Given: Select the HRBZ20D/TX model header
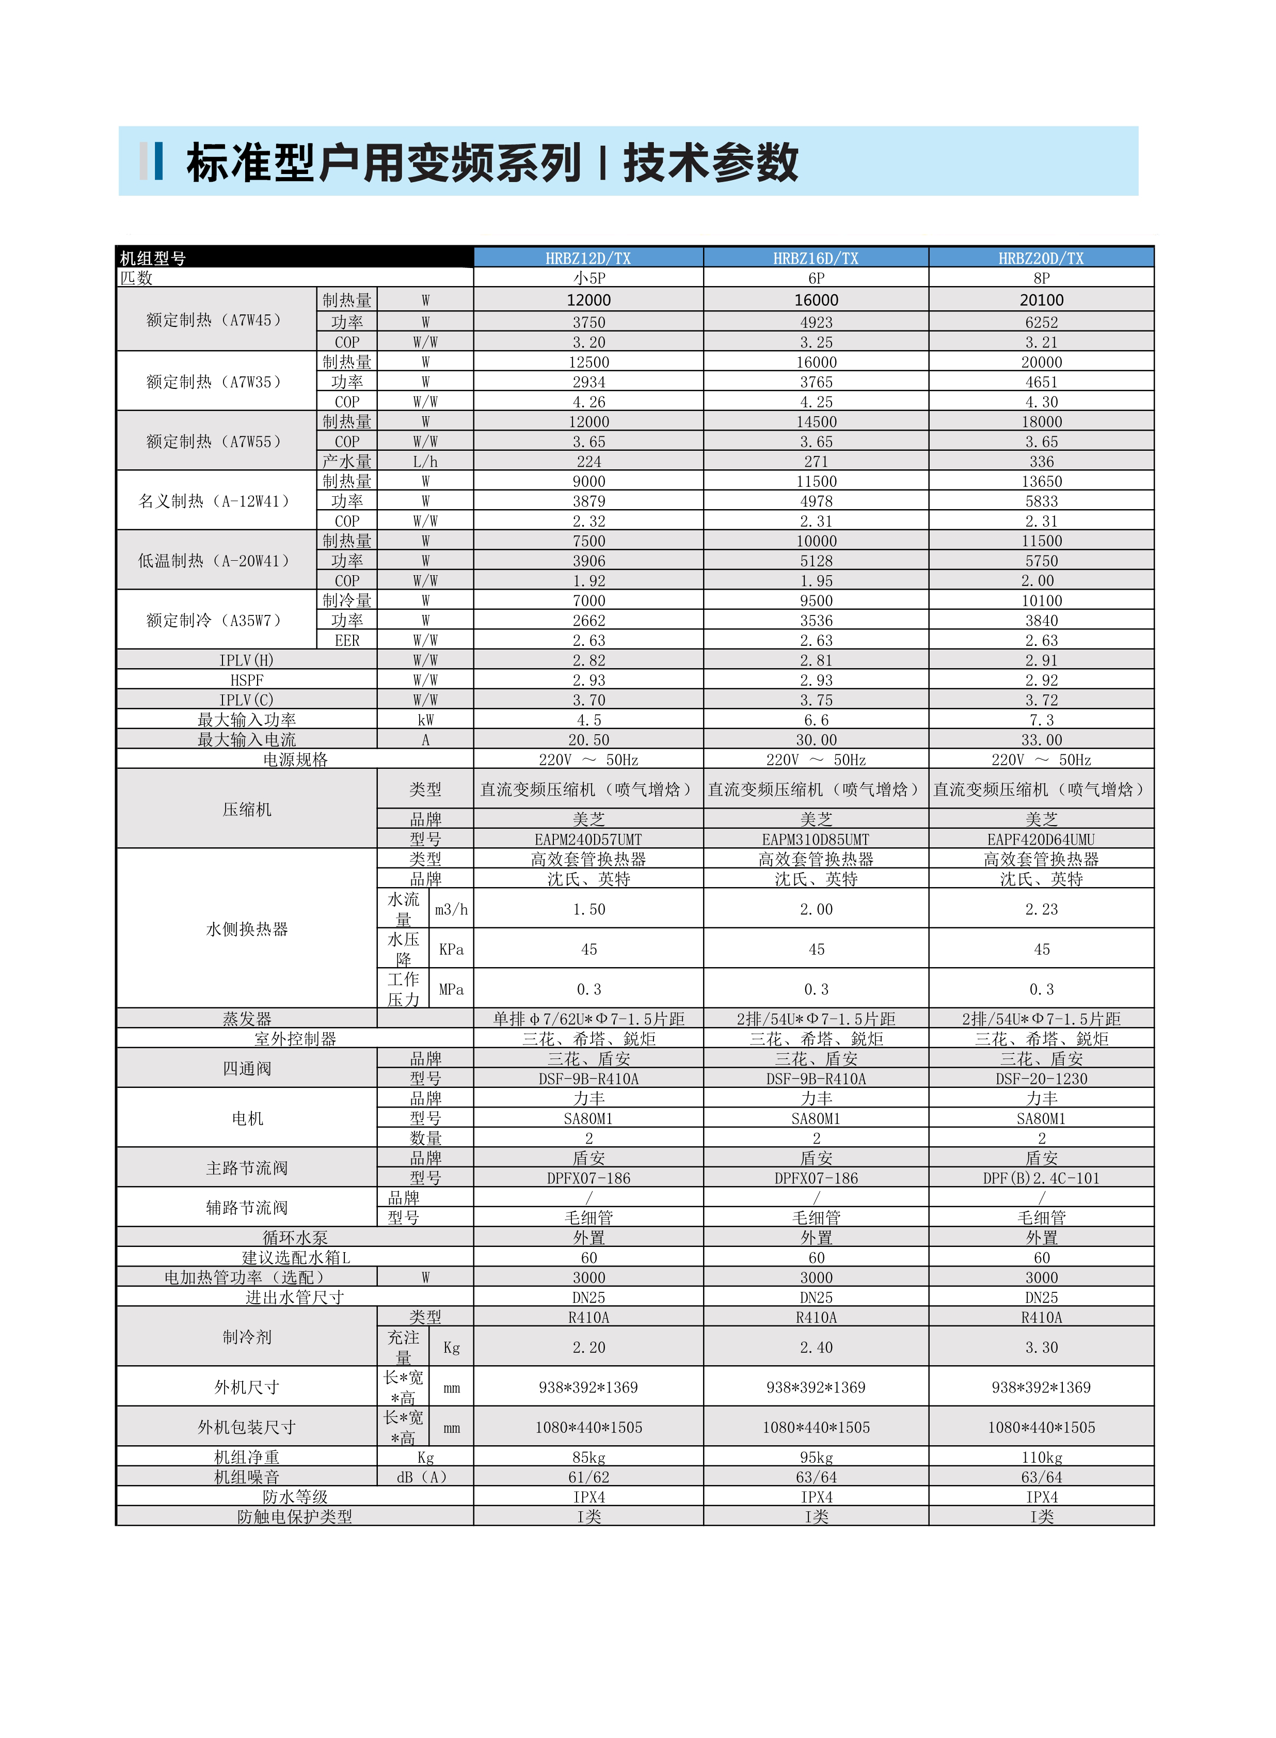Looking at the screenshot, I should [x=1041, y=258].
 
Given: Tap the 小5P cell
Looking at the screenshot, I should [x=588, y=278].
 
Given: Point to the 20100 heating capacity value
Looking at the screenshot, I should [x=1041, y=299].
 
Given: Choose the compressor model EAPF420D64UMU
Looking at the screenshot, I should [x=1041, y=839].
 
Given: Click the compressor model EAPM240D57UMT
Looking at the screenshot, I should [x=588, y=839].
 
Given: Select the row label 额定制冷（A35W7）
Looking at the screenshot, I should [x=214, y=620].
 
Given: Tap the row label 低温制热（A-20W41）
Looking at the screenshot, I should [x=214, y=561].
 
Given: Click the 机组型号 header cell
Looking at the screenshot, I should [x=153, y=258].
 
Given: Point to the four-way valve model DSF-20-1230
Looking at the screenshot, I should [x=1041, y=1078].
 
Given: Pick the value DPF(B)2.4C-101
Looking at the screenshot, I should [x=1041, y=1178].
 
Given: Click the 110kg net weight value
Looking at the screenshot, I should [x=1041, y=1458].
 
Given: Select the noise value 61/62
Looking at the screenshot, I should [x=588, y=1477].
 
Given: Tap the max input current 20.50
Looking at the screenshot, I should [x=588, y=740].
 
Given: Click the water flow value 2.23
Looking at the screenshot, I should [x=1041, y=909].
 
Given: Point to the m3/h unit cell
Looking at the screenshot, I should [x=451, y=909].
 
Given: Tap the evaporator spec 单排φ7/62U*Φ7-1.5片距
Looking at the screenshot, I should [x=588, y=1019].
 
